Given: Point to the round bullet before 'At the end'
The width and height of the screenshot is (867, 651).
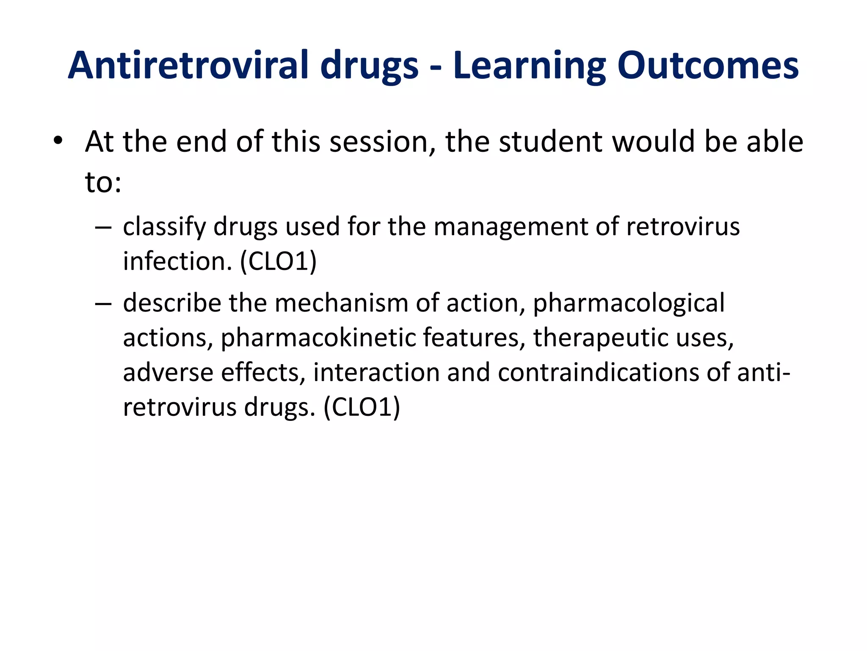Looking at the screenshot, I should click(x=58, y=141).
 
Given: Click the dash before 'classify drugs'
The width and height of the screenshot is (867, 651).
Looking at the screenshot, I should click(x=103, y=228).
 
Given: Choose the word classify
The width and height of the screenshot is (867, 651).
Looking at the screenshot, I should click(x=164, y=227).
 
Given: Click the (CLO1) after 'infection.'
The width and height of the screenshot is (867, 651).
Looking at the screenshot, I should click(x=278, y=262).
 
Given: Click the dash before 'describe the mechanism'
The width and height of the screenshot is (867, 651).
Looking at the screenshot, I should click(x=103, y=304).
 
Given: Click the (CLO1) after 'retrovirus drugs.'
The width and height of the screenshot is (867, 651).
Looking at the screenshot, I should click(x=362, y=407).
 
